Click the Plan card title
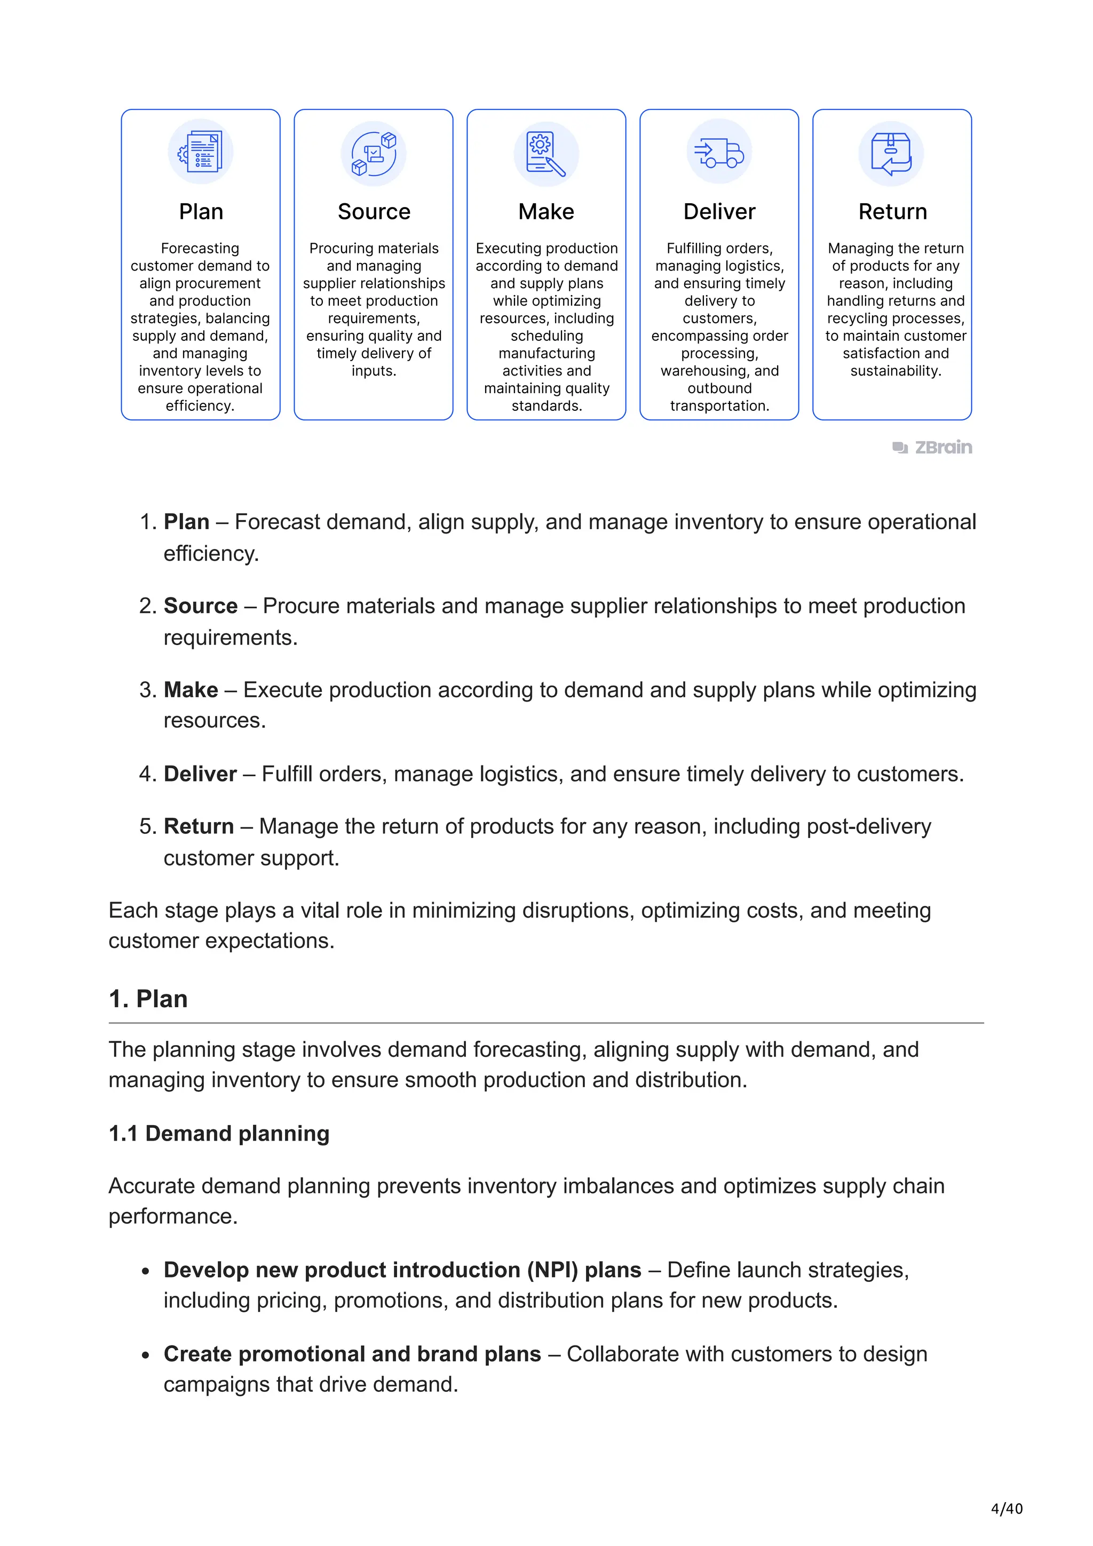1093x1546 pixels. tap(201, 212)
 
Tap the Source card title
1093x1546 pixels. tap(374, 212)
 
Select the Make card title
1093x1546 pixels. tap(546, 212)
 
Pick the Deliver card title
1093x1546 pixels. tap(719, 212)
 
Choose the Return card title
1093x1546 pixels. tap(892, 212)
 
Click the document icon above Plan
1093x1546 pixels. tap(201, 152)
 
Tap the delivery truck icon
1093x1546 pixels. tap(719, 152)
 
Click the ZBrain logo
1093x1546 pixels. tap(933, 448)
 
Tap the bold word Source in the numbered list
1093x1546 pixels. tap(201, 606)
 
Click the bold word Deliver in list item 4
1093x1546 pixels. tap(200, 775)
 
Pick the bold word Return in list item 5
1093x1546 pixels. tap(199, 826)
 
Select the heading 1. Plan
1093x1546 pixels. tap(148, 999)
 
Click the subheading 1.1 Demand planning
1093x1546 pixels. tap(219, 1134)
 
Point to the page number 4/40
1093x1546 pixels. tap(1007, 1509)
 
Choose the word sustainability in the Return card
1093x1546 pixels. tap(895, 371)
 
